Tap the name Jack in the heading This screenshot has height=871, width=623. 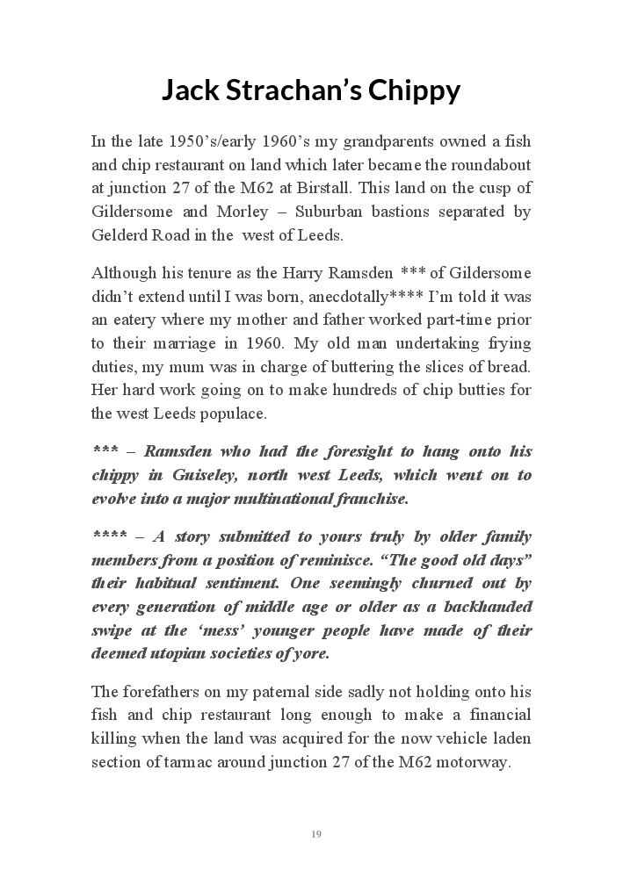click(x=190, y=91)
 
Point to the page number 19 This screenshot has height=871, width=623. click(x=316, y=833)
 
